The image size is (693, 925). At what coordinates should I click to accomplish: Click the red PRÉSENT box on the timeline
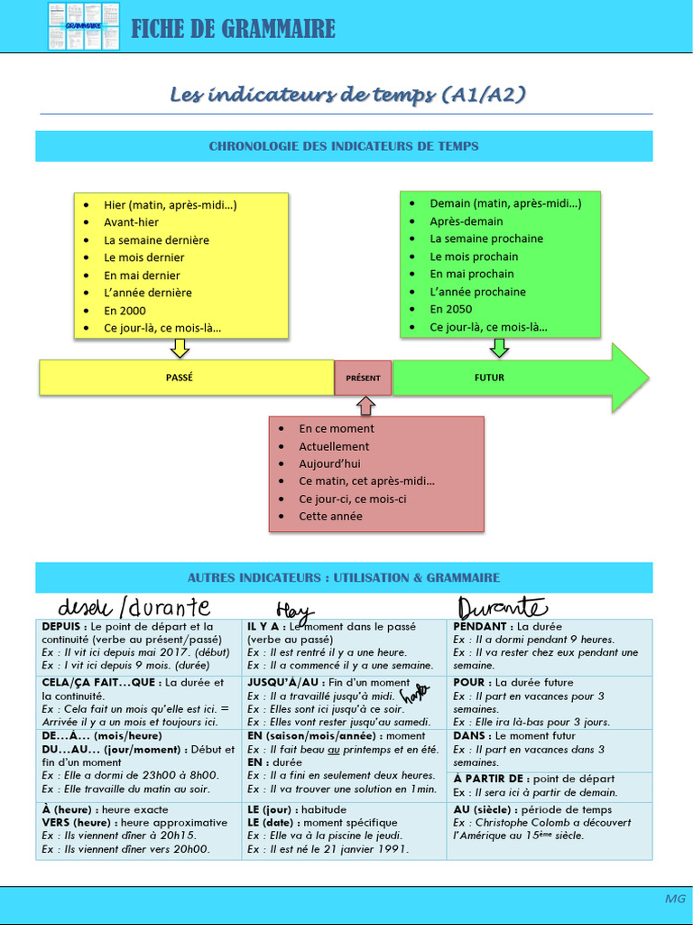tap(363, 378)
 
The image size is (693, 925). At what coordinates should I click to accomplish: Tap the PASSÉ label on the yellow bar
tap(180, 378)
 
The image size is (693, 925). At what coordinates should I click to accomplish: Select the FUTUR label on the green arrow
tap(489, 378)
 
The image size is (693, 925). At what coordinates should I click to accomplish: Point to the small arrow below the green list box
tap(499, 348)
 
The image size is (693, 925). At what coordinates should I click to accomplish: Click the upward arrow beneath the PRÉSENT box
tap(366, 405)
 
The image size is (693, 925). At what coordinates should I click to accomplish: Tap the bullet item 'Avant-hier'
tap(131, 222)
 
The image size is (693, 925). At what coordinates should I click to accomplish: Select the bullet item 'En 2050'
tap(451, 309)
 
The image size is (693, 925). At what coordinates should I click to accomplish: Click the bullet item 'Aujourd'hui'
tap(329, 463)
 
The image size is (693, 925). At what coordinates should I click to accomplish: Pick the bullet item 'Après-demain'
tap(466, 221)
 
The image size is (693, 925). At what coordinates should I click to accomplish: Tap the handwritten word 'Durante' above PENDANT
tap(502, 606)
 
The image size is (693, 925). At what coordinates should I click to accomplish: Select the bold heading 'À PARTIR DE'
tap(490, 779)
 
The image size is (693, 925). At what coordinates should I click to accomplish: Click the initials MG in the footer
tap(675, 899)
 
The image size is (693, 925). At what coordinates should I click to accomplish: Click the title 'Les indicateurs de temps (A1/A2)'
tap(347, 95)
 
